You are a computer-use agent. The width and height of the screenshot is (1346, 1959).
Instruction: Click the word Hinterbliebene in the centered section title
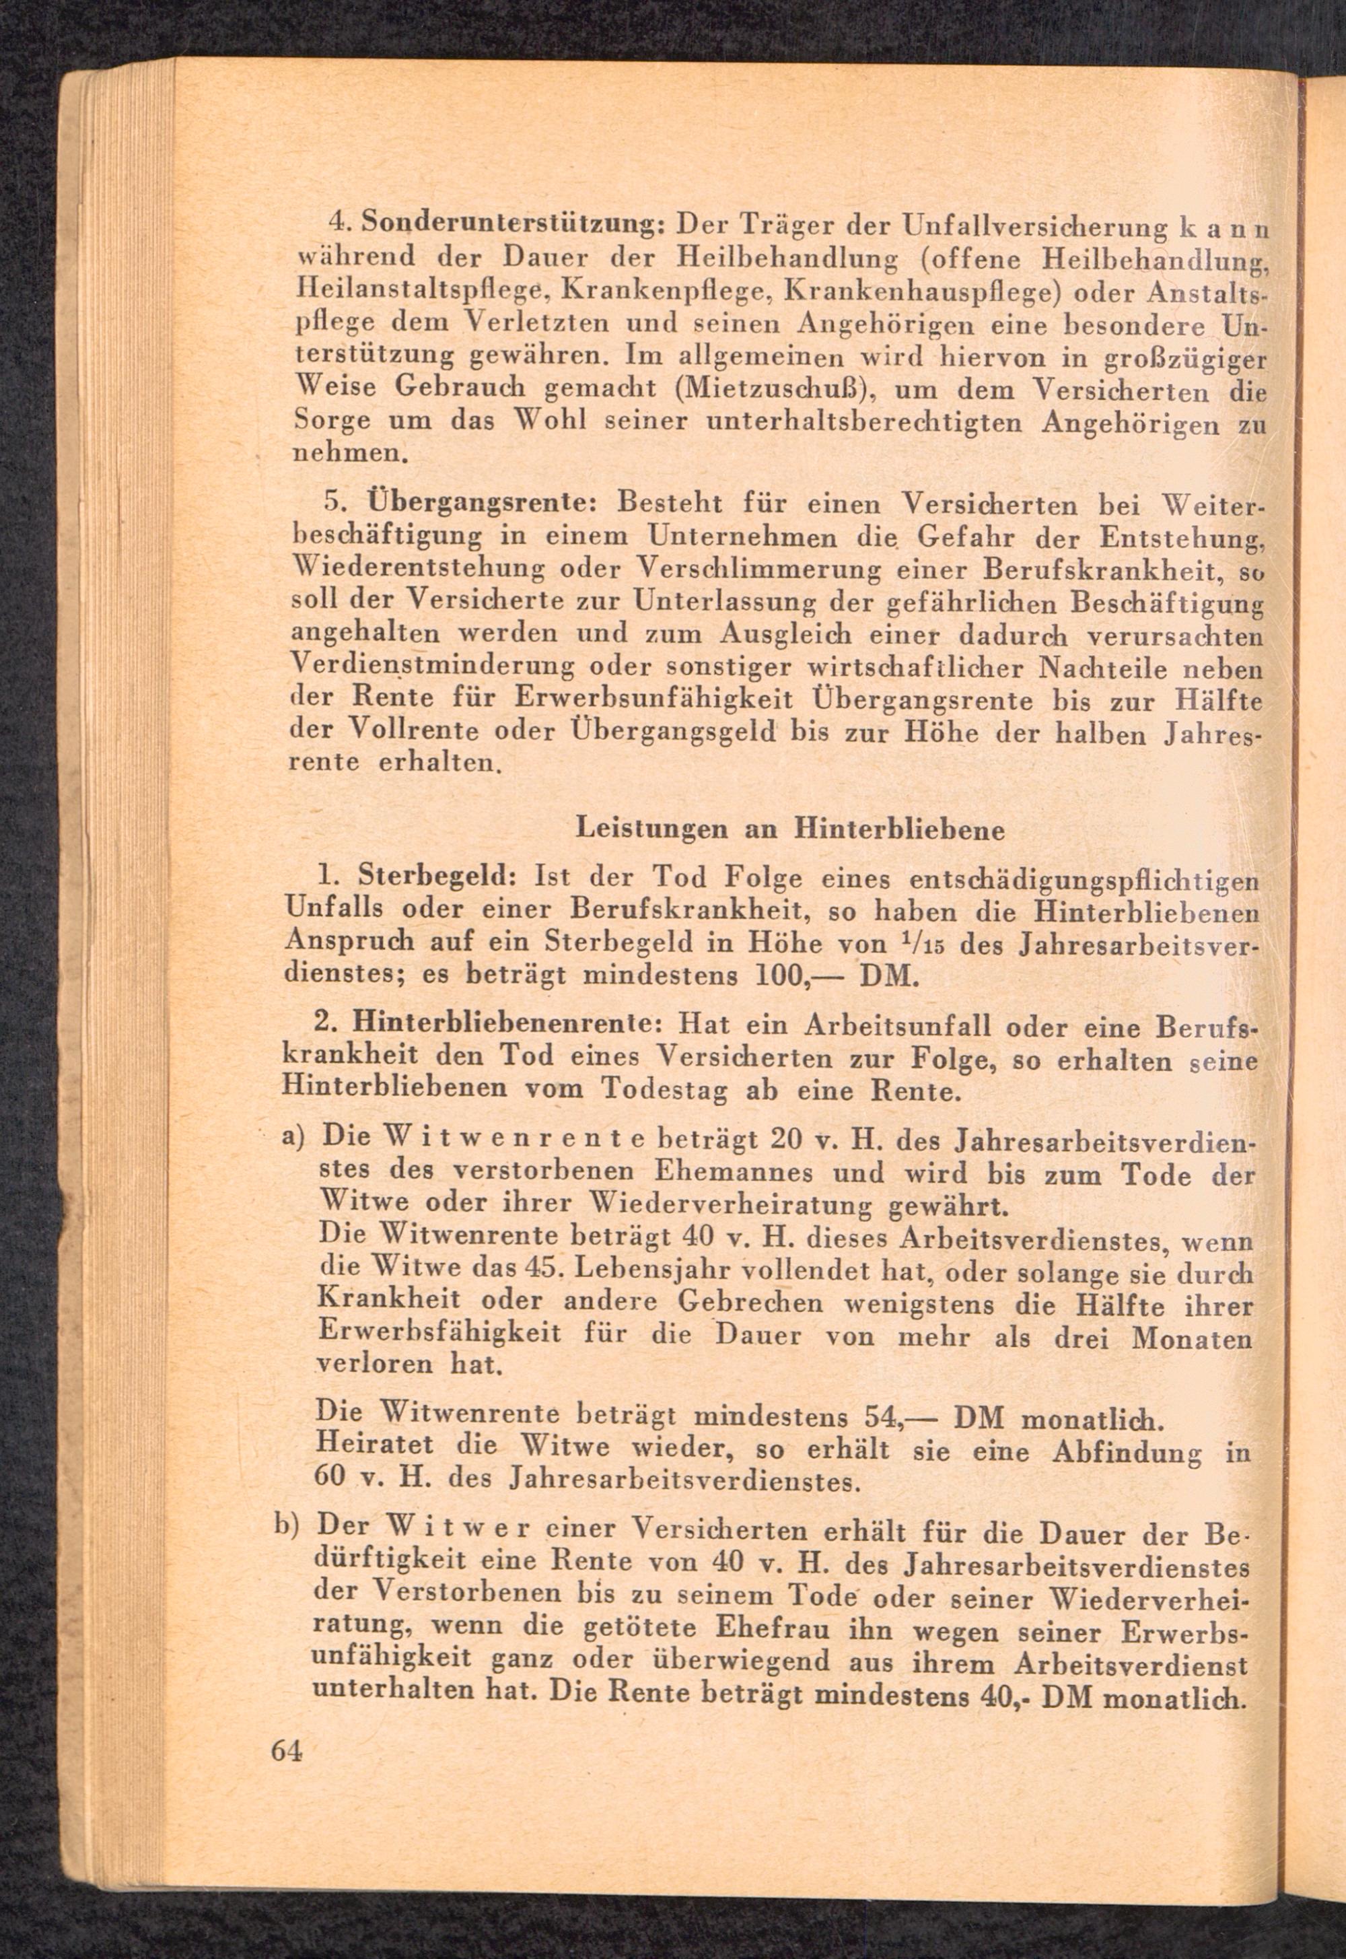(x=900, y=829)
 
